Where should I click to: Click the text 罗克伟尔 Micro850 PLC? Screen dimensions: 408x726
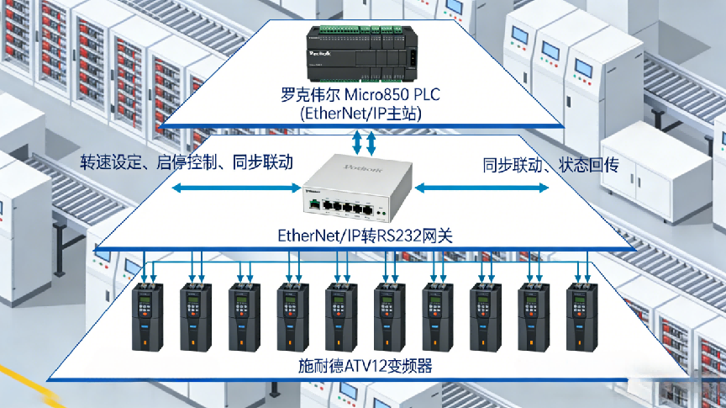pos(361,93)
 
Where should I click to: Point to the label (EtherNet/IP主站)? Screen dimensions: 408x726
pos(361,113)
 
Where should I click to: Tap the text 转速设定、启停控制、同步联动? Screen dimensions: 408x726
pos(187,162)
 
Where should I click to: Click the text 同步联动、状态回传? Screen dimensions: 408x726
pos(550,164)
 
